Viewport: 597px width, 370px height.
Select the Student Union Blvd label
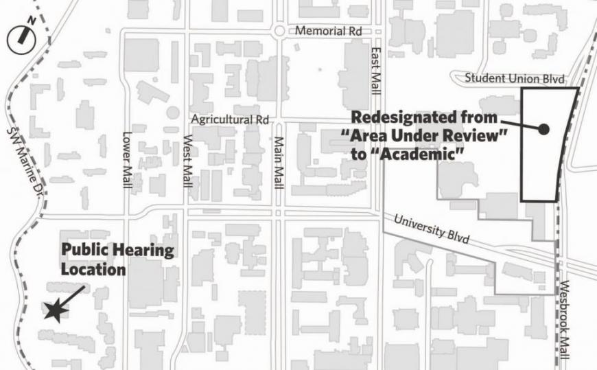tap(515, 78)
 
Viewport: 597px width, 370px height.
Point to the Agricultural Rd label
tap(229, 119)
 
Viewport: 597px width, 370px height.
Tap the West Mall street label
tap(187, 161)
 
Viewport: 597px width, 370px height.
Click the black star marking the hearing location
tap(56, 312)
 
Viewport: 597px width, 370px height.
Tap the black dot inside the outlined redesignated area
tap(543, 129)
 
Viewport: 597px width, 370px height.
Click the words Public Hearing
tap(117, 251)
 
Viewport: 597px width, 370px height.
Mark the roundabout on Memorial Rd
tap(279, 31)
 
